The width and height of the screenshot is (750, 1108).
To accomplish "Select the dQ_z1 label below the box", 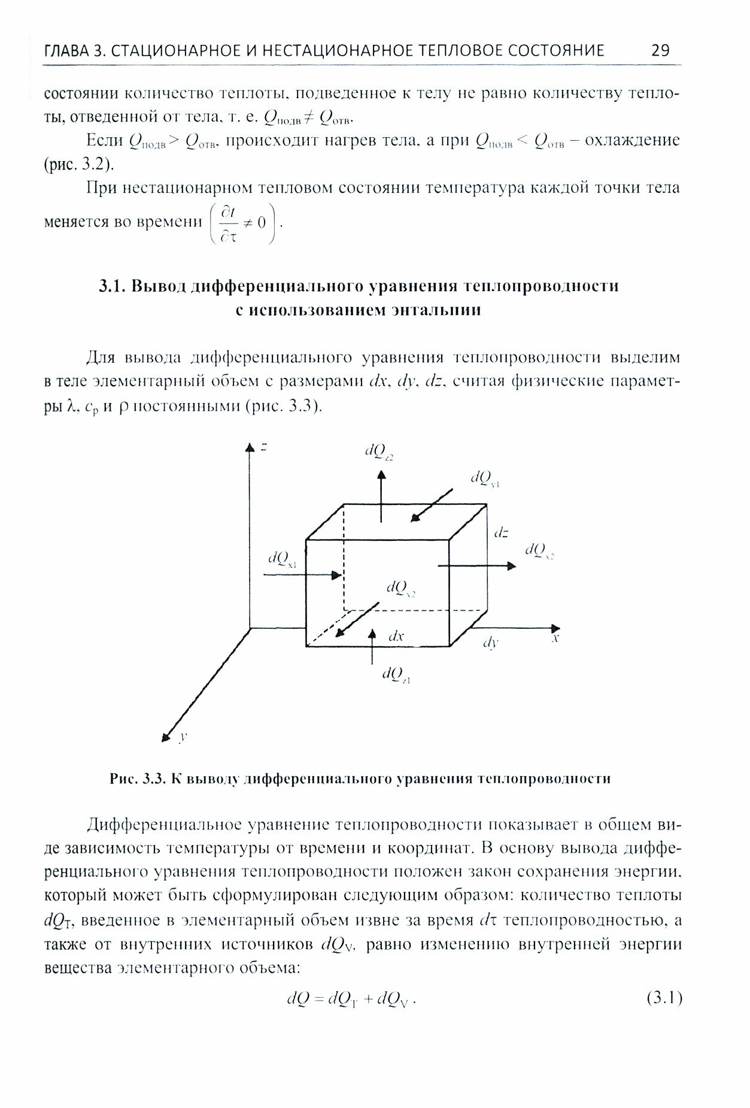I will point(396,676).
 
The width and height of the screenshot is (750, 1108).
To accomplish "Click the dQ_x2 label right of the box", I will point(539,551).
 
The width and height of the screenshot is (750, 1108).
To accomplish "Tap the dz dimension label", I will point(501,532).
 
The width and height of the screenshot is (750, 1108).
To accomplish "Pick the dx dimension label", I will point(396,636).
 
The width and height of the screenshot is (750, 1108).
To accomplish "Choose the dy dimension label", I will point(491,643).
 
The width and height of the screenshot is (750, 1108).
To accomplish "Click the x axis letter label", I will point(555,639).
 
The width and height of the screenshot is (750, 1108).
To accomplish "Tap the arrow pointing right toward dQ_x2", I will point(476,565).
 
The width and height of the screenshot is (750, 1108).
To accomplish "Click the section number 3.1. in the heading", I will point(112,287).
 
